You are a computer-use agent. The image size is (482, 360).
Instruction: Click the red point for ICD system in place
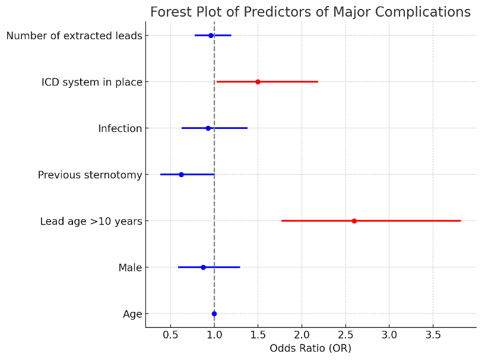click(x=258, y=81)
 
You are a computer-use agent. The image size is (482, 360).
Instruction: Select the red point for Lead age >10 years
click(x=354, y=221)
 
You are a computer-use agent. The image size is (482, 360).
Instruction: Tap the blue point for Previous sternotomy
click(x=181, y=175)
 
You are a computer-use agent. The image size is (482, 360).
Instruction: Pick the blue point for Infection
click(x=208, y=128)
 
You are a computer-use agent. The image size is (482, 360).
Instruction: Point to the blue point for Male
click(x=203, y=267)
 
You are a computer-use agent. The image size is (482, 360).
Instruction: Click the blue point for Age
click(x=214, y=314)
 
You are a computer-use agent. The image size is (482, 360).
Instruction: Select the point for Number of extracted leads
click(x=211, y=36)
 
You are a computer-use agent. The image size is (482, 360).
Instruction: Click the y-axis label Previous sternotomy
click(x=90, y=175)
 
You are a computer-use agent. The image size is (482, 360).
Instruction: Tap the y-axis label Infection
click(x=120, y=128)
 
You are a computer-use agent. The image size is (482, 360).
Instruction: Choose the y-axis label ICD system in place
click(x=92, y=82)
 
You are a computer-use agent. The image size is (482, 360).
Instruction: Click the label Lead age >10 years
click(x=91, y=222)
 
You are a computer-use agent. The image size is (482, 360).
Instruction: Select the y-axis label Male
click(x=130, y=268)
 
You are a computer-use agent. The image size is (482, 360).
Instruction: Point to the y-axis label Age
click(x=132, y=314)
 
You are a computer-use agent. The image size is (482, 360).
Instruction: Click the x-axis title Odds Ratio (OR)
click(x=310, y=348)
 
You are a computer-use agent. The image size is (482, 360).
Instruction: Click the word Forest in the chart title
click(x=171, y=12)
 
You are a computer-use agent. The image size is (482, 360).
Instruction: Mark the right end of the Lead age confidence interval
click(x=461, y=221)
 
